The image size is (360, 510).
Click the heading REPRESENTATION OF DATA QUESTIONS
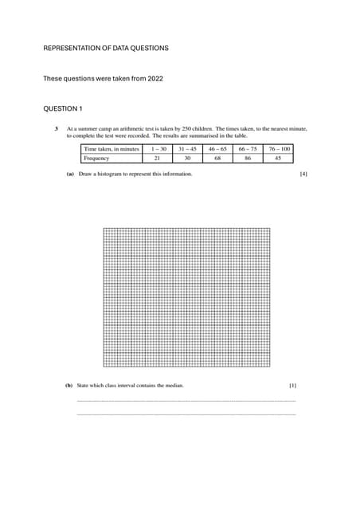click(x=105, y=49)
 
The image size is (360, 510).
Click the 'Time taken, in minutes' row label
click(x=112, y=149)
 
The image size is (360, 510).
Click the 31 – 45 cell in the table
click(x=187, y=149)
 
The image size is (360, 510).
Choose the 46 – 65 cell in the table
click(x=217, y=149)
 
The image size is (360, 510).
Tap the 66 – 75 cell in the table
click(x=248, y=149)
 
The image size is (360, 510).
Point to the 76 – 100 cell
click(x=279, y=149)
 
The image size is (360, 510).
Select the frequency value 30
click(x=187, y=159)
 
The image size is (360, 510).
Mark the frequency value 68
click(x=217, y=159)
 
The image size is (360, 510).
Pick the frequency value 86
click(x=248, y=159)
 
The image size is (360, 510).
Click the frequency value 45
click(x=279, y=159)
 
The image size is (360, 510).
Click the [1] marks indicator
click(x=292, y=386)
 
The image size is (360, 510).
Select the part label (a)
click(x=70, y=174)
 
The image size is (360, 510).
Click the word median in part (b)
click(x=174, y=386)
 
